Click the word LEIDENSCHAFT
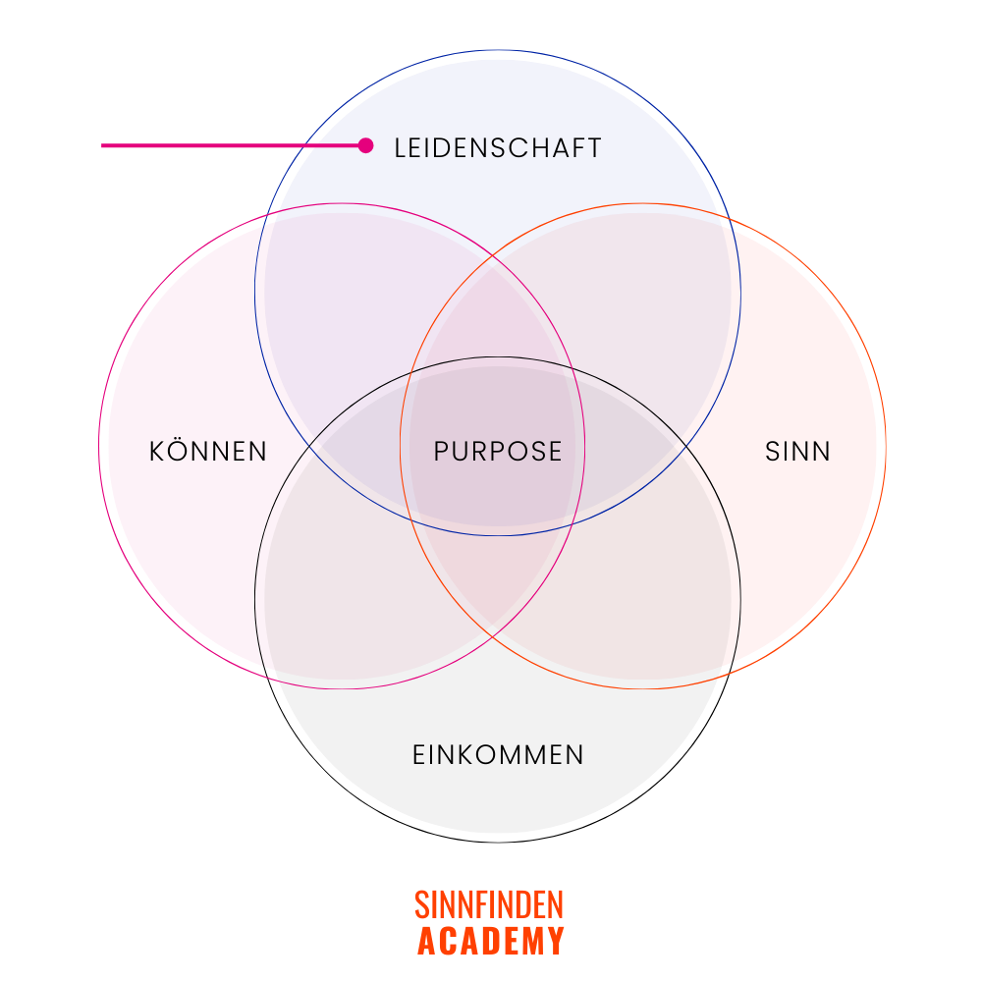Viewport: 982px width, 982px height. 497,148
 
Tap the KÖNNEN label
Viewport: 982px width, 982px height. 208,452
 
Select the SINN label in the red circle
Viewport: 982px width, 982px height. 797,452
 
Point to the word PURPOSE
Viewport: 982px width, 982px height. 498,452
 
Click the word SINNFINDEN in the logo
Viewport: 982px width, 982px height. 489,904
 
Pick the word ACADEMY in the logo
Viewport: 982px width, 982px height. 490,941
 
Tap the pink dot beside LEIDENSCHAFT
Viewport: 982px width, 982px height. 366,145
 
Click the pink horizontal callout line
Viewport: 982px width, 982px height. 226,146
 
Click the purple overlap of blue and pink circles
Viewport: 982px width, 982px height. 334,295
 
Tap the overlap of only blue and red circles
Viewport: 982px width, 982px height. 648,295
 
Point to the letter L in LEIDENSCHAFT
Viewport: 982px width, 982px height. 400,148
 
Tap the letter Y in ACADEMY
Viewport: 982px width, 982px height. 556,941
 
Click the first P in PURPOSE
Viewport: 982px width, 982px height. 441,452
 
